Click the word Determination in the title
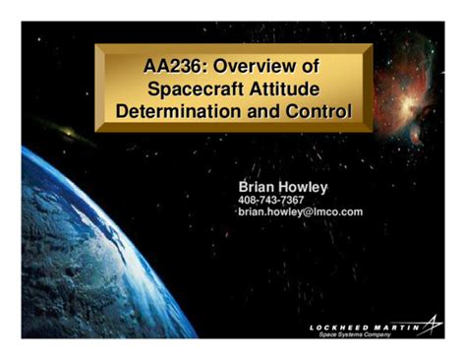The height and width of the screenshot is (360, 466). click(171, 111)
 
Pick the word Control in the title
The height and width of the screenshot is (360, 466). click(317, 111)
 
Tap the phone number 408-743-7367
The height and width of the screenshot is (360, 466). click(271, 200)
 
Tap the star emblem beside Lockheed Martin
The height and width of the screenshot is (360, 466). click(431, 326)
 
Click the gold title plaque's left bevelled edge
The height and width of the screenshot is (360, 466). click(101, 89)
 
